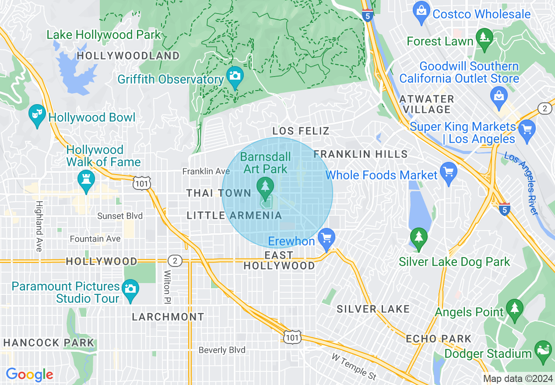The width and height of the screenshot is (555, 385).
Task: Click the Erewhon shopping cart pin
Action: tap(326, 238)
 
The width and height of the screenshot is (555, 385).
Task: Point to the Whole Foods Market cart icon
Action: tap(448, 172)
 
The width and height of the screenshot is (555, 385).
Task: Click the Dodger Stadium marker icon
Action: tap(543, 350)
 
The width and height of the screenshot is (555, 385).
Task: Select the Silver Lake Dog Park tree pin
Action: tap(419, 238)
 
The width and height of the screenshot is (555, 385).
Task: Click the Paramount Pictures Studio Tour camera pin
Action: tap(130, 289)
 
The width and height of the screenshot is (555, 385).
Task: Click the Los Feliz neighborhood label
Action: tap(300, 131)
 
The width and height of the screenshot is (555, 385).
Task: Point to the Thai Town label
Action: tap(218, 193)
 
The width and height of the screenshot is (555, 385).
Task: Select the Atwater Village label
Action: tap(427, 104)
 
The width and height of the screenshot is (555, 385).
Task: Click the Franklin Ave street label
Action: tap(206, 171)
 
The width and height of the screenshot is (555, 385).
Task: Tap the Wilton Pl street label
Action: tap(168, 287)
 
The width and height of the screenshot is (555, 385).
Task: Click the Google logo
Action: tap(29, 375)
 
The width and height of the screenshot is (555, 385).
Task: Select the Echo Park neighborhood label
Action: tap(439, 339)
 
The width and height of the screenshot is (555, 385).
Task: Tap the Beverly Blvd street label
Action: tap(222, 350)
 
